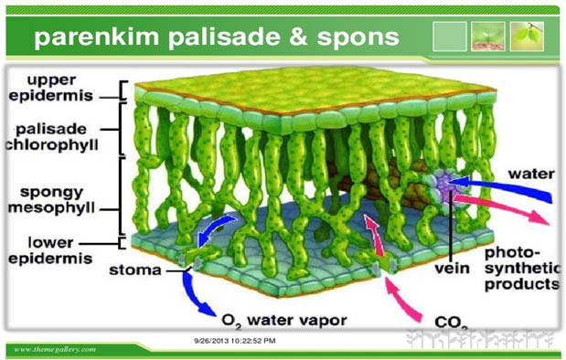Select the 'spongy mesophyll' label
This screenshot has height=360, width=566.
(51, 202)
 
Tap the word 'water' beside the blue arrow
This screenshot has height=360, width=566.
(531, 172)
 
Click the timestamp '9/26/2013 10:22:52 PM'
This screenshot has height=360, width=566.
(235, 340)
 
